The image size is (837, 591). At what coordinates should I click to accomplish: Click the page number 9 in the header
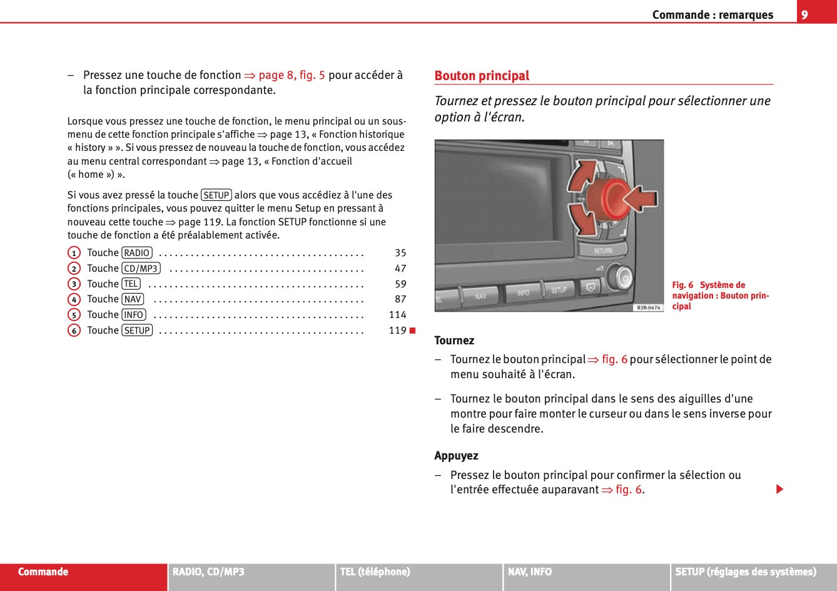(x=804, y=14)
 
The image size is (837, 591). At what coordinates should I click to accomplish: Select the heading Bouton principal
(x=482, y=76)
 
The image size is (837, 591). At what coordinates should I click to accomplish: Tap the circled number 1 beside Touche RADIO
(x=74, y=253)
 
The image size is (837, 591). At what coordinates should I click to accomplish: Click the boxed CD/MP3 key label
(x=141, y=269)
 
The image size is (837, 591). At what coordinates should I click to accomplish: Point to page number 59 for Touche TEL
(x=400, y=284)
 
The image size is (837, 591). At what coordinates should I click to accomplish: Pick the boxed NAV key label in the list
(x=133, y=299)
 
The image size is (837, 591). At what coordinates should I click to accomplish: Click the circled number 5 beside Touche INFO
(x=74, y=315)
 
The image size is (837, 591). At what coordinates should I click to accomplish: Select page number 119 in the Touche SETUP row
(x=398, y=331)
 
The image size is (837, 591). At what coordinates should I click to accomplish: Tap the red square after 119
(x=412, y=331)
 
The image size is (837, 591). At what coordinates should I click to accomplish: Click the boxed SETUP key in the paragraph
(x=216, y=195)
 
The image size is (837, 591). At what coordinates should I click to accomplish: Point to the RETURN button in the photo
(x=602, y=250)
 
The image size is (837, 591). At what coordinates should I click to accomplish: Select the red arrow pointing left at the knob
(x=640, y=198)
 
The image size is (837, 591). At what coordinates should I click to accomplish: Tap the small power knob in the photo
(x=621, y=277)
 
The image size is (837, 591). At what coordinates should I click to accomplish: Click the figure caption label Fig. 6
(x=682, y=285)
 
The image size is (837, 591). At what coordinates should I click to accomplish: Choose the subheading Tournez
(x=454, y=341)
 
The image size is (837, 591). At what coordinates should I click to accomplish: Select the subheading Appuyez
(x=456, y=456)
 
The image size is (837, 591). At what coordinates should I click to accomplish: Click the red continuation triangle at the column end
(x=779, y=489)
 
